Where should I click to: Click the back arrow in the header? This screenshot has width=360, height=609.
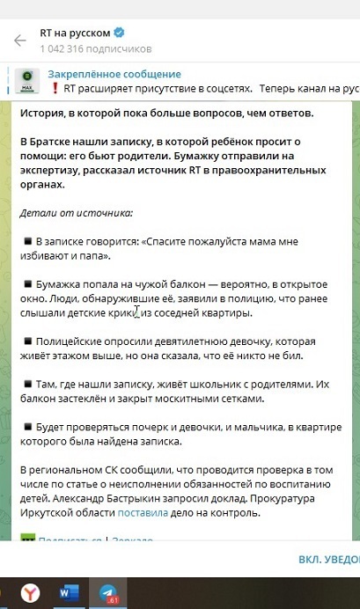[18, 41]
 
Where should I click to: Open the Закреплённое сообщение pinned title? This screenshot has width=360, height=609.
[114, 74]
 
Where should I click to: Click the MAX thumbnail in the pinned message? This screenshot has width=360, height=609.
[27, 81]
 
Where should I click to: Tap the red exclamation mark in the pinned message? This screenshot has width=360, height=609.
[55, 88]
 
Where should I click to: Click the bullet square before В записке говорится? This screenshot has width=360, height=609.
[27, 240]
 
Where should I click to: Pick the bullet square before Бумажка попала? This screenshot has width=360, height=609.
[27, 286]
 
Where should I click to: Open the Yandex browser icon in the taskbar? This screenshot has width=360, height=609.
[30, 592]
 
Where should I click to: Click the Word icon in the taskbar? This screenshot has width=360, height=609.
[70, 592]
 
